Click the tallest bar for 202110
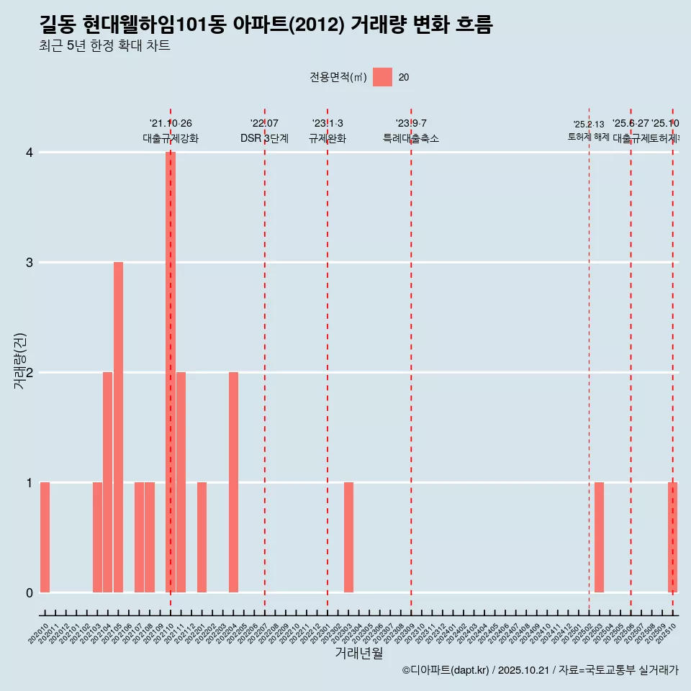[171, 372]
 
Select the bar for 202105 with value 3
[118, 427]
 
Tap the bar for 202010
[45, 537]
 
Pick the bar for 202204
[233, 482]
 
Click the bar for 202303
[348, 537]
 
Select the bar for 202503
[599, 537]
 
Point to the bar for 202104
[107, 482]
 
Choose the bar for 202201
[202, 537]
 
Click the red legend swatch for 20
[382, 77]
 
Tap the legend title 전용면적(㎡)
[338, 78]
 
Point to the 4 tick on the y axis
[30, 153]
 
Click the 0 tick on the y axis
[30, 592]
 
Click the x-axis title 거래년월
[358, 653]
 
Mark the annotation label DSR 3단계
[264, 138]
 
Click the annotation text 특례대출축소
[410, 138]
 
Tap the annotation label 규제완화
[328, 138]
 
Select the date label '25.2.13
[589, 125]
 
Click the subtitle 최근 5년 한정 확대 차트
[104, 46]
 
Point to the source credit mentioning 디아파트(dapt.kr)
[540, 670]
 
